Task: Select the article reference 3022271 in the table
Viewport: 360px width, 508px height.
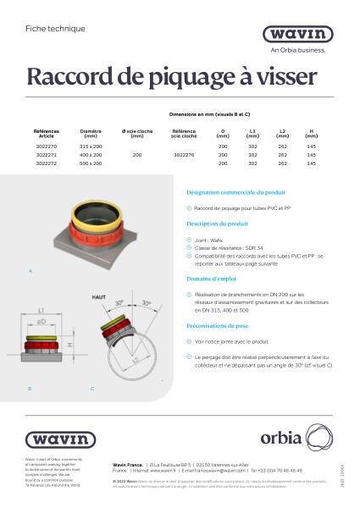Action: click(47, 155)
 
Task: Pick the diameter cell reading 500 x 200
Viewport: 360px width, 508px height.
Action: click(90, 163)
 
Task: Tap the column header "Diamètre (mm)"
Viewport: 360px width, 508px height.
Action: click(90, 134)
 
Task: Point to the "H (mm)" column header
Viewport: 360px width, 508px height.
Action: click(311, 134)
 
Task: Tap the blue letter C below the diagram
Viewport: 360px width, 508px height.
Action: click(91, 388)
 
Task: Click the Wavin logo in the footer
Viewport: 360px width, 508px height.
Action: click(59, 439)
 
